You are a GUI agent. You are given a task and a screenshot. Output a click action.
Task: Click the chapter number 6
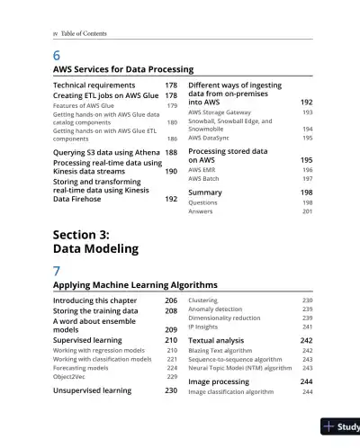(57, 54)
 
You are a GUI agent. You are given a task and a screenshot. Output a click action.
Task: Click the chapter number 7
(57, 270)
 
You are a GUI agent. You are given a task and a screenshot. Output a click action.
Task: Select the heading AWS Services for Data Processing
(123, 69)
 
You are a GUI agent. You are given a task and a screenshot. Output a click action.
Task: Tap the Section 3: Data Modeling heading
(95, 241)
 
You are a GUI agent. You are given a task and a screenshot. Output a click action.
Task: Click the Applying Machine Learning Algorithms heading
(135, 285)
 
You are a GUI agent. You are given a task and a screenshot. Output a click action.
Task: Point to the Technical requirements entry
(95, 85)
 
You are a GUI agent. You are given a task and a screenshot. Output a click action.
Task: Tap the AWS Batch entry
(205, 179)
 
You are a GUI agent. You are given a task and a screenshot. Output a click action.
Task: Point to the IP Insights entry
(205, 327)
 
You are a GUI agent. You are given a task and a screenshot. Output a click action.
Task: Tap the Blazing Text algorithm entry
(220, 351)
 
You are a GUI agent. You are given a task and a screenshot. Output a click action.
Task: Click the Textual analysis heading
(216, 341)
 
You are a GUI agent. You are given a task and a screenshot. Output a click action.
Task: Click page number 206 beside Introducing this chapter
(170, 300)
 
